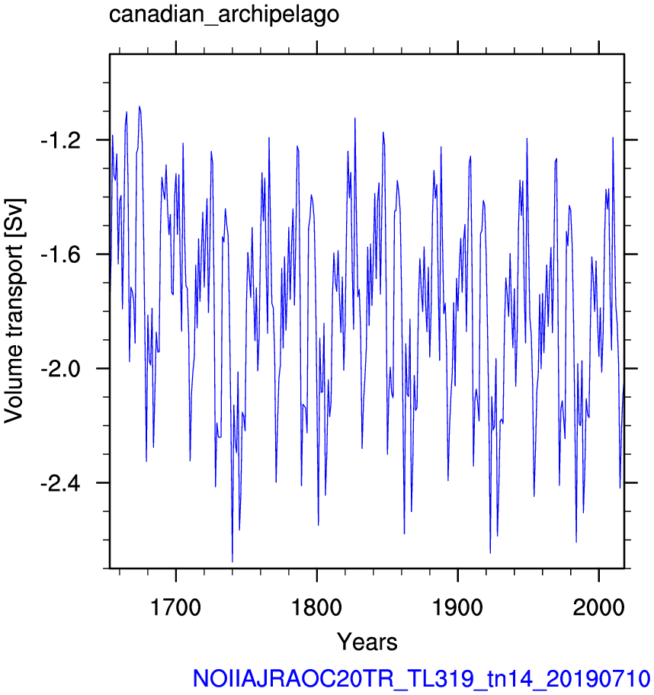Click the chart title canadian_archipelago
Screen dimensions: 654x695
pos(224,14)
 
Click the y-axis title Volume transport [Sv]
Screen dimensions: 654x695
pos(13,311)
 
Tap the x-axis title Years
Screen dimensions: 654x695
pos(367,642)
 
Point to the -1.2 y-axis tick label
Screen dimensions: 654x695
pos(61,140)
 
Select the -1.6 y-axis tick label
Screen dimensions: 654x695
pos(61,255)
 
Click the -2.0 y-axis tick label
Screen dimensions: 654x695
pos(61,369)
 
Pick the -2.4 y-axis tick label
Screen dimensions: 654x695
pos(61,483)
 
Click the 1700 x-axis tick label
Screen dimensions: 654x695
pos(176,607)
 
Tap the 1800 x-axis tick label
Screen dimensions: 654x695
pos(316,607)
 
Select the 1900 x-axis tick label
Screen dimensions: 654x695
pos(457,607)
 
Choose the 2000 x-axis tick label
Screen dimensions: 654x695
pos(598,607)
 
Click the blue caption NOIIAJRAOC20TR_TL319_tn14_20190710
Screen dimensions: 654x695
pos(422,678)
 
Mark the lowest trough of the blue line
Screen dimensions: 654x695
pos(232,562)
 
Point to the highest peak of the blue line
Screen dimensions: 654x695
pos(139,107)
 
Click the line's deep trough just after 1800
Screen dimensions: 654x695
pos(319,525)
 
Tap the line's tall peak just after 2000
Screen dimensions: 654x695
pos(613,137)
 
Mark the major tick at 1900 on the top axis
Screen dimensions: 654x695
pos(457,47)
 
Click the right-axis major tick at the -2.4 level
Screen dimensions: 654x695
pos(631,482)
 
